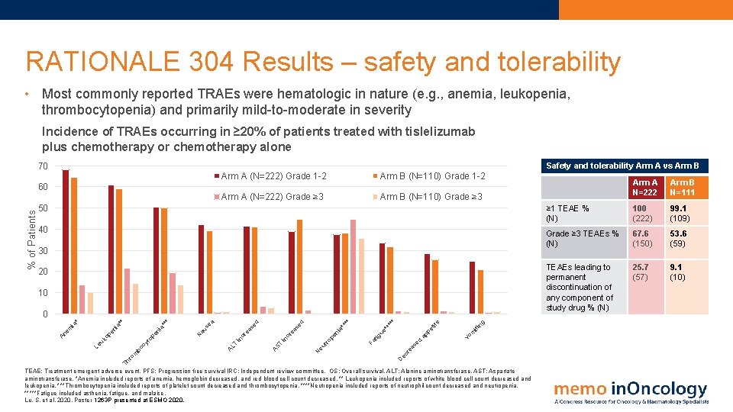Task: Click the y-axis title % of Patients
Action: point(31,236)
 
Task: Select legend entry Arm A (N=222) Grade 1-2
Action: point(273,177)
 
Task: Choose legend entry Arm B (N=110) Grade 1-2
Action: point(431,177)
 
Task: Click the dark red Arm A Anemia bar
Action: point(66,240)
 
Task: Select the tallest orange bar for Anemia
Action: point(74,245)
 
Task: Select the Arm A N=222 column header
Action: point(645,188)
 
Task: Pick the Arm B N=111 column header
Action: point(683,188)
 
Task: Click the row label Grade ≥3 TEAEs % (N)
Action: point(582,239)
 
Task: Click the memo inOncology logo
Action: point(631,392)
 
